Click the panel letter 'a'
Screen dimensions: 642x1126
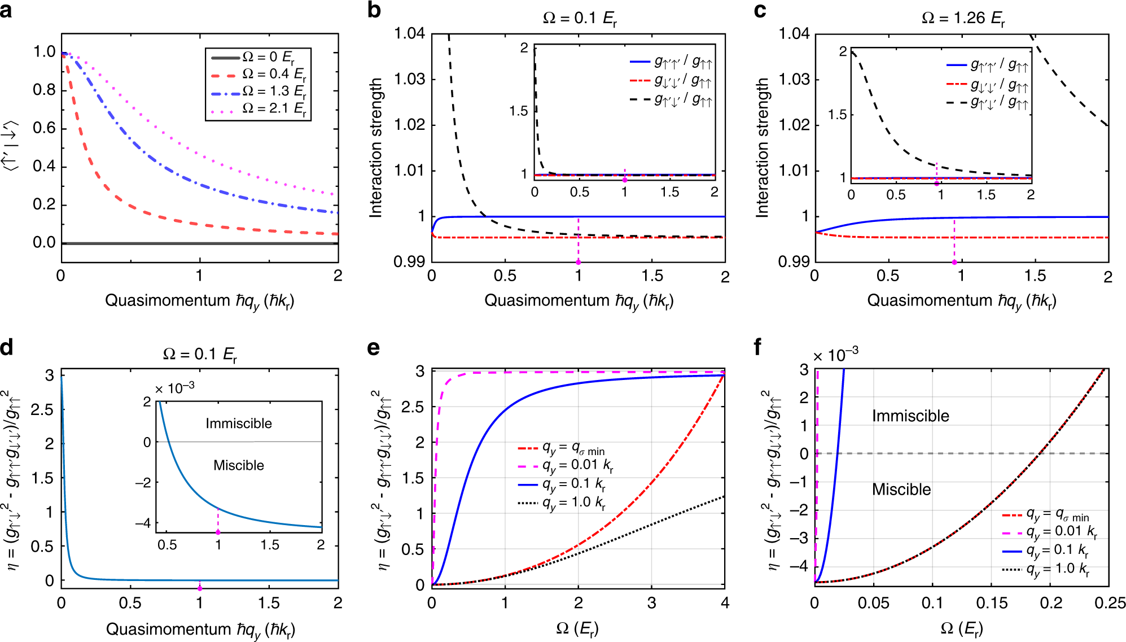6,10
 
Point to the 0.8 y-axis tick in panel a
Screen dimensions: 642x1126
44,90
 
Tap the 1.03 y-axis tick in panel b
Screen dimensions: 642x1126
409,79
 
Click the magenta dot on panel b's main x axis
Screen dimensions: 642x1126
578,263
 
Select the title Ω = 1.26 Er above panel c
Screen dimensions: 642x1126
963,19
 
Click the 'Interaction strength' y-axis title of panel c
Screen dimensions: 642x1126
763,148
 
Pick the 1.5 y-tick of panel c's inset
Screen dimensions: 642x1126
837,115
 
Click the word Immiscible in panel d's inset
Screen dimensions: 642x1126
239,423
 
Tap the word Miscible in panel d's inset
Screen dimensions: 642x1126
239,465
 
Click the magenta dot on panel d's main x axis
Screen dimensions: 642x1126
199,588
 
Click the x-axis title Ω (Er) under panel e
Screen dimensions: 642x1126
577,628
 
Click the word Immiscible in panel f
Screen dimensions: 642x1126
910,416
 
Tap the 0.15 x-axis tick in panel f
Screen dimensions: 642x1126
992,603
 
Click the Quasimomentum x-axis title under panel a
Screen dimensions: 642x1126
200,301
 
